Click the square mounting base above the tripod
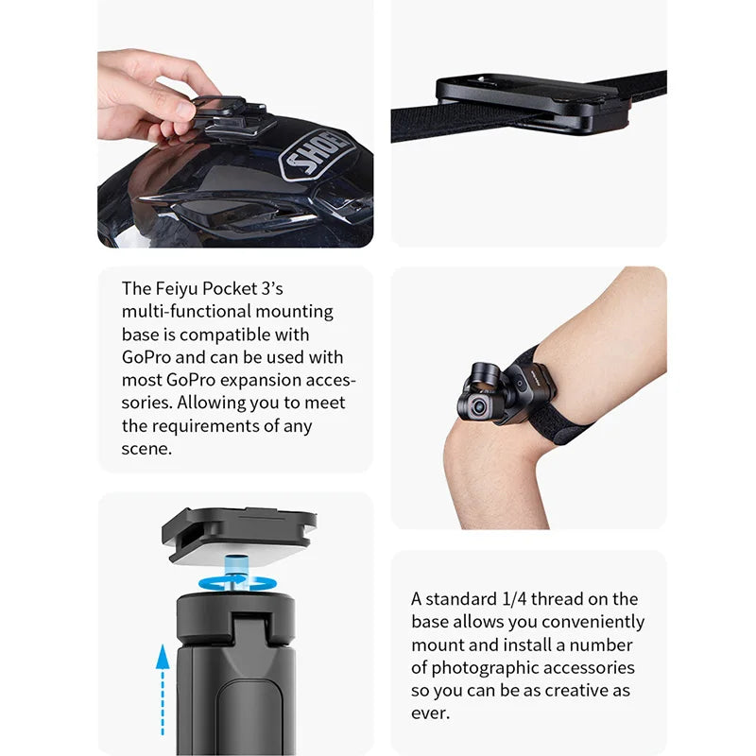[x=240, y=534]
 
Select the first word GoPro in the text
[x=147, y=357]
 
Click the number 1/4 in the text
[x=517, y=599]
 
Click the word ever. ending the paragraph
[x=430, y=713]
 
